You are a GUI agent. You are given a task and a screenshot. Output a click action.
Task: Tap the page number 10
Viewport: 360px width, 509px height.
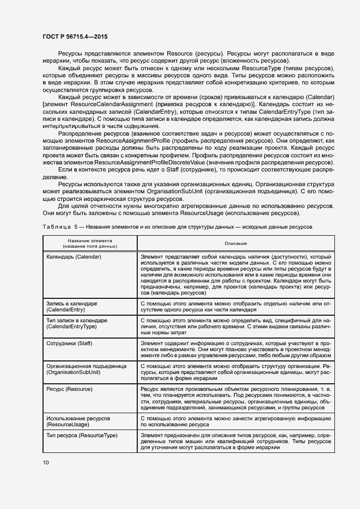46,462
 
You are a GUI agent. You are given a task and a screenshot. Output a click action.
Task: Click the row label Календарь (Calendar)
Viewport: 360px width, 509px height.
74,256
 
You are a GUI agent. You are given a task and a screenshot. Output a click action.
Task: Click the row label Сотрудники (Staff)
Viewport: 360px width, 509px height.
70,344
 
